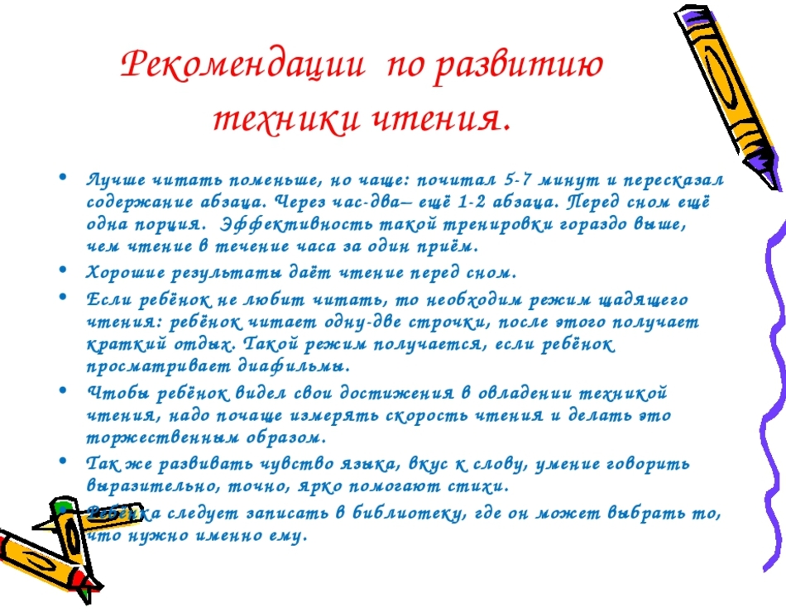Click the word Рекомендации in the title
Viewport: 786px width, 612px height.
coord(242,65)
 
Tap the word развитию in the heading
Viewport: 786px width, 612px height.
coord(518,66)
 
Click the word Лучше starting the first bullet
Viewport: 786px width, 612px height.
coord(116,179)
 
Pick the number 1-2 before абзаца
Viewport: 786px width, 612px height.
coord(472,202)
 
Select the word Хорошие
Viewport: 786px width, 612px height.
coord(125,272)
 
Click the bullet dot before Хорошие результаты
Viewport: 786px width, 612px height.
coord(63,270)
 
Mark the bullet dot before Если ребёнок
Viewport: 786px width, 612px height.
coord(63,297)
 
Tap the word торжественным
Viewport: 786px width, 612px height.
coord(163,437)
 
